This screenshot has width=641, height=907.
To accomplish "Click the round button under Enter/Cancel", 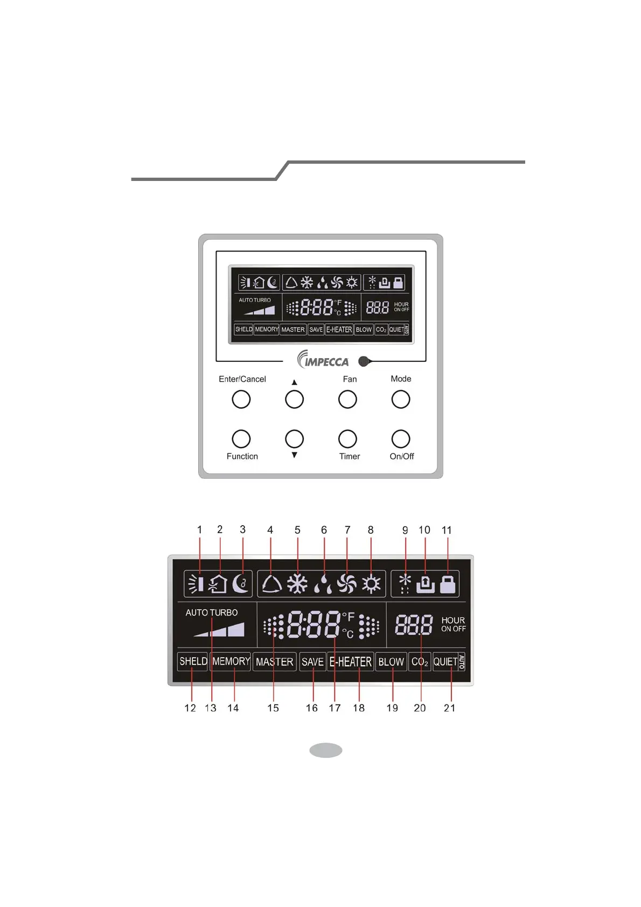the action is coord(241,399).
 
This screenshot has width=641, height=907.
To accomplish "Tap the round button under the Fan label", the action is coord(347,399).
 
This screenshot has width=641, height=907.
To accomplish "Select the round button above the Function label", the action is coord(241,439).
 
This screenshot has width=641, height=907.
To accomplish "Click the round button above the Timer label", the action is coord(347,439).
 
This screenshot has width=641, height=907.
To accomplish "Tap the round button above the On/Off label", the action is coord(401,439).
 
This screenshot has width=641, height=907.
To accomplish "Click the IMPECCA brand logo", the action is coord(324,359).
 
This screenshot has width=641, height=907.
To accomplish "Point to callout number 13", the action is coord(211,708).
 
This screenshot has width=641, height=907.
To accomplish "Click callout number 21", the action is coord(449,708).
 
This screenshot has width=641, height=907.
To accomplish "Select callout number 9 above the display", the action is coord(405,530).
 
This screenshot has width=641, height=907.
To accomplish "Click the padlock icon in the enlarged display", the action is coord(448,584).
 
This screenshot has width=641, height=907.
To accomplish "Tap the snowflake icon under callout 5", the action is coord(297,584).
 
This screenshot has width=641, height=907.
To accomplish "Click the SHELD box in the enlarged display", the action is coord(193,661).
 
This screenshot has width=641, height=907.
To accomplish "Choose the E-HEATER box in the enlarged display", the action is coord(351,661).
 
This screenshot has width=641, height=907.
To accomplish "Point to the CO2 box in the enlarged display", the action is coord(420,661).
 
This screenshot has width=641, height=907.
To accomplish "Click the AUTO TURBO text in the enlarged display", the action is coord(212,612).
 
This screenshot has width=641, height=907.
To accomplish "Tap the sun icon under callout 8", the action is coord(371,584).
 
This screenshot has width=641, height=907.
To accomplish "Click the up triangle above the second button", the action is coord(294,382).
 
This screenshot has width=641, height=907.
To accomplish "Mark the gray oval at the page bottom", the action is coord(326,750).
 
